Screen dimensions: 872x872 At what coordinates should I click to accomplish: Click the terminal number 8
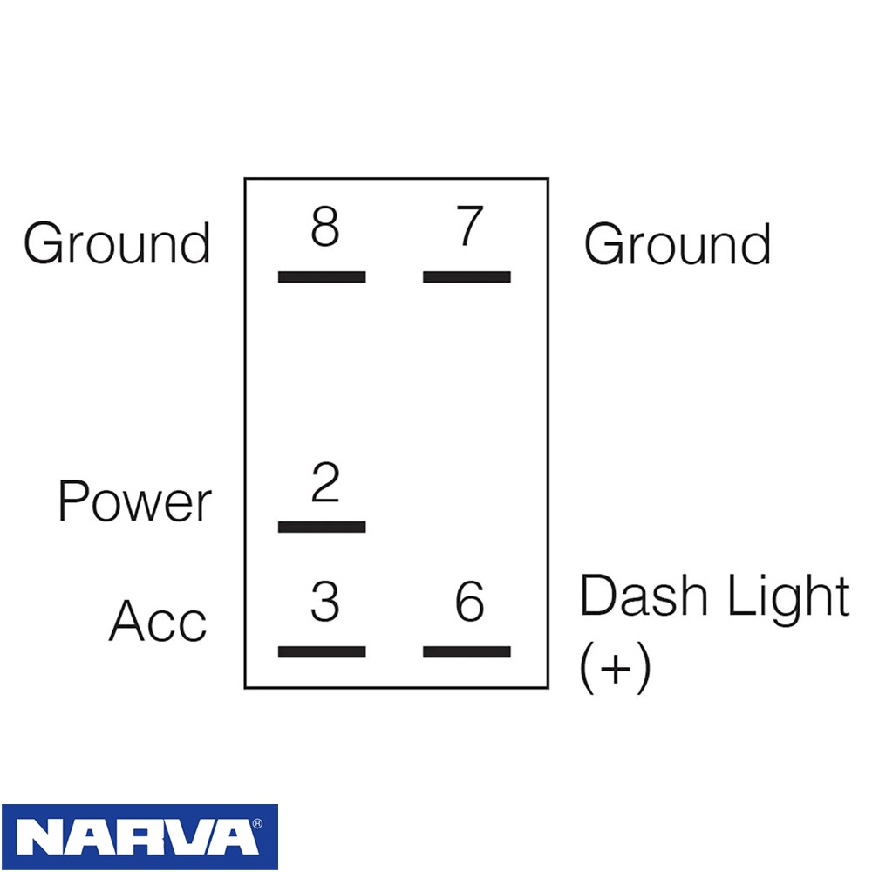324,226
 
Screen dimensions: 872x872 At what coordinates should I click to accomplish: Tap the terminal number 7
469,225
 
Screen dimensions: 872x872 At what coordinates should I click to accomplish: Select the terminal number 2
325,481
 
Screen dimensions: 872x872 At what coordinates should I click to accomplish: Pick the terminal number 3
324,601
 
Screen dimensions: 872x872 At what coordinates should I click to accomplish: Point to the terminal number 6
470,601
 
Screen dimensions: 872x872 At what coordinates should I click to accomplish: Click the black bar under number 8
322,276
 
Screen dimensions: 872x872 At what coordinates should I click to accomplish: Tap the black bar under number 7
467,276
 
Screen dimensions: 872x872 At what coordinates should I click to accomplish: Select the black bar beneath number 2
322,527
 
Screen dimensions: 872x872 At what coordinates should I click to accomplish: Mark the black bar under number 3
322,651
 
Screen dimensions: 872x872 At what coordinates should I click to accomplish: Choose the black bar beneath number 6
467,651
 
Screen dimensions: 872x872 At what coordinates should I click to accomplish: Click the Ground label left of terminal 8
117,243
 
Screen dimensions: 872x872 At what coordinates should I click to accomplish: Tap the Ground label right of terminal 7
678,243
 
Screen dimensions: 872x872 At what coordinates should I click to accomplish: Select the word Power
134,501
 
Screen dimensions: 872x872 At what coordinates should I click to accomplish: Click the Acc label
158,621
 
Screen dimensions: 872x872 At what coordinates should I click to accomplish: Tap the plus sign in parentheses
615,667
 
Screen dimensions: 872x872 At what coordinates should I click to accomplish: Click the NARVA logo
140,836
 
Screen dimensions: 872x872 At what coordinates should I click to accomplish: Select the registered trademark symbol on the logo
257,824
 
